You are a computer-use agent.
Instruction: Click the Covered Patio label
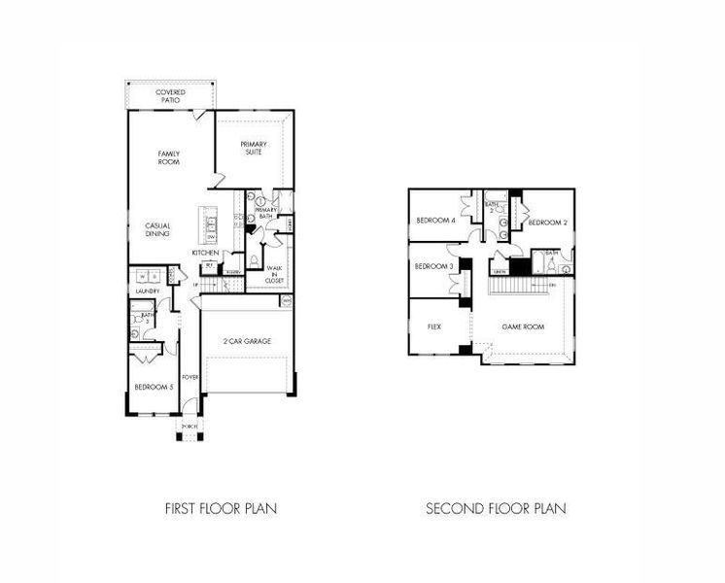tap(171, 95)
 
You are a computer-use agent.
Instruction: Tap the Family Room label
tap(171, 158)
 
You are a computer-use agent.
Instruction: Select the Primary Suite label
tap(254, 148)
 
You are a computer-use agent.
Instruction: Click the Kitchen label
tap(205, 253)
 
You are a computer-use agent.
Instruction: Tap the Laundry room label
tap(148, 291)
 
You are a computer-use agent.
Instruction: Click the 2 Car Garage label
tap(247, 341)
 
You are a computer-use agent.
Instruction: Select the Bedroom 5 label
tap(155, 387)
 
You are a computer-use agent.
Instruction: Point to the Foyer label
tap(190, 377)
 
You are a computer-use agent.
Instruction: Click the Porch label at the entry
tap(189, 427)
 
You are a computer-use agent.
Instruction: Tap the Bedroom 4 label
tap(435, 221)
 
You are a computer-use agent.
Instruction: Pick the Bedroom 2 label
tap(546, 223)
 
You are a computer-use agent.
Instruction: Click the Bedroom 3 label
tap(433, 266)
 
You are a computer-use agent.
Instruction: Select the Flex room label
tap(434, 327)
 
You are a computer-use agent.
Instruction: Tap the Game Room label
tap(522, 327)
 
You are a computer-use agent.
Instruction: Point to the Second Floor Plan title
tap(496, 507)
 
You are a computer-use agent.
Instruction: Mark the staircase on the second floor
tap(516, 289)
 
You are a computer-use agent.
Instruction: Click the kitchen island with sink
tap(210, 227)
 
